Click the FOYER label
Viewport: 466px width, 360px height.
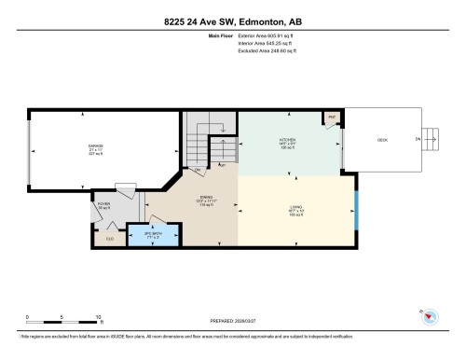pyautogui.click(x=103, y=203)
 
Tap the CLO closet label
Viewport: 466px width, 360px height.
pyautogui.click(x=110, y=240)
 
